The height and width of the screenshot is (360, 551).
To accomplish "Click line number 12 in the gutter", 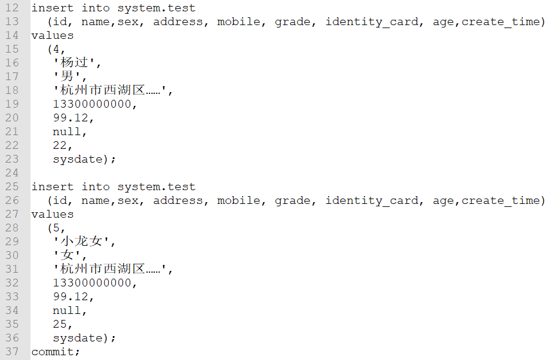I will pos(12,8).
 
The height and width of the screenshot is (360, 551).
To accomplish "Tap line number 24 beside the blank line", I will pos(12,173).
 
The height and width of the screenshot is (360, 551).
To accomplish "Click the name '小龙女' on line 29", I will pos(84,242).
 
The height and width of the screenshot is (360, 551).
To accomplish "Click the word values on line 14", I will pos(53,35).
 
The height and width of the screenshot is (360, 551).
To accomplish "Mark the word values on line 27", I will pos(53,214).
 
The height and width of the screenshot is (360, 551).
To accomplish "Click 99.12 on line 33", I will pos(71,297).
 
